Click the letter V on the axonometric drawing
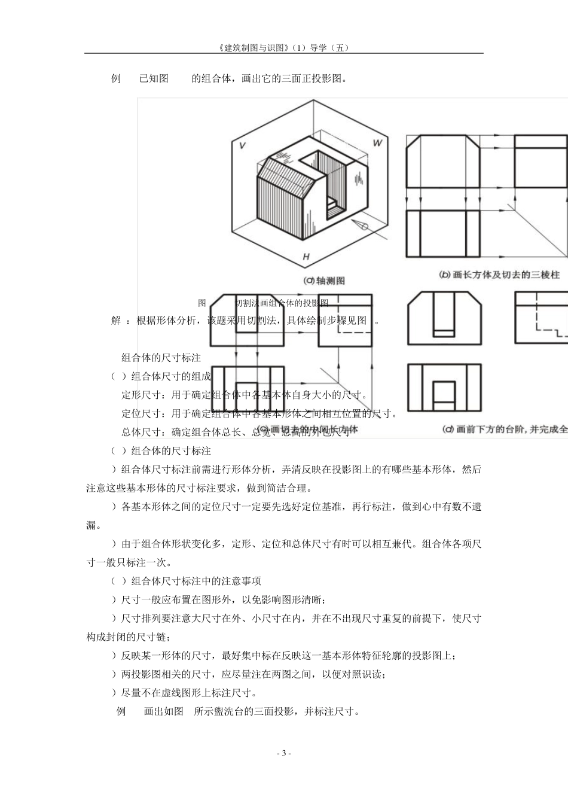[242, 145]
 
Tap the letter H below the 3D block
[306, 257]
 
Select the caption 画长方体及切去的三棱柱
[506, 275]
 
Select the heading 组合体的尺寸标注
[161, 358]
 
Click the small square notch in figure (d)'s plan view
[442, 392]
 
